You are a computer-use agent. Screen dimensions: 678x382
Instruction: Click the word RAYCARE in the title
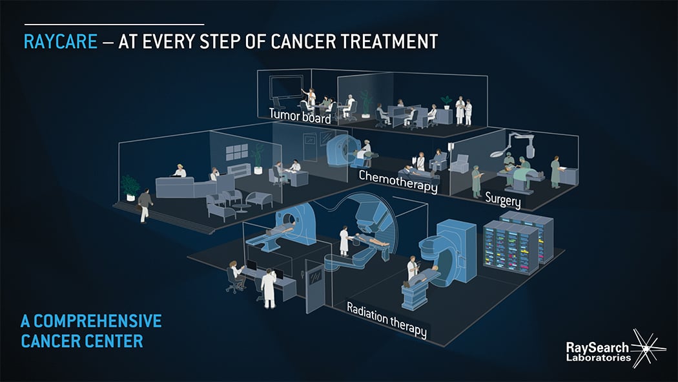click(61, 41)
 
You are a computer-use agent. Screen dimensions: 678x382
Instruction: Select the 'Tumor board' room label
click(300, 116)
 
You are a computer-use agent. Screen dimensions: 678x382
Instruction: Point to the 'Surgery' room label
click(503, 200)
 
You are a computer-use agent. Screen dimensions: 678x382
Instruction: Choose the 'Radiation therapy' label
click(387, 320)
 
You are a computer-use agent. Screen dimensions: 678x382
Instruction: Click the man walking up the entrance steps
click(145, 206)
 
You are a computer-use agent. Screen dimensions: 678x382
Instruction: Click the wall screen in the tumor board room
click(286, 87)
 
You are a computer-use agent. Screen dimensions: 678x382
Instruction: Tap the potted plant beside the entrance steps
click(130, 187)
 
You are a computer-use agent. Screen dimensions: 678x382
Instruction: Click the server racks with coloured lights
click(518, 241)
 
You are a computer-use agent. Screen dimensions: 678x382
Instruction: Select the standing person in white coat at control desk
click(269, 288)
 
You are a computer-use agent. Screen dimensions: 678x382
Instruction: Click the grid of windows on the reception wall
click(237, 152)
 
